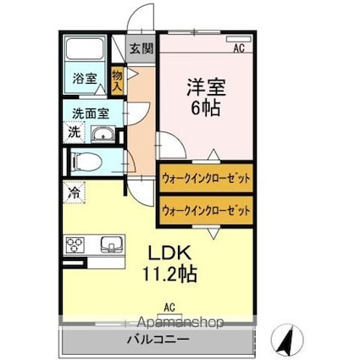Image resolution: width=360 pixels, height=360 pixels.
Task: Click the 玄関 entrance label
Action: (141, 48)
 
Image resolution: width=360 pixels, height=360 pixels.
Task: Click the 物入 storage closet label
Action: (118, 81)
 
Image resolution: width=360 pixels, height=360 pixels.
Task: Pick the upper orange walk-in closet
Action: (205, 179)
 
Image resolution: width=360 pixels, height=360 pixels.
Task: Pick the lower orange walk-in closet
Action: (205, 209)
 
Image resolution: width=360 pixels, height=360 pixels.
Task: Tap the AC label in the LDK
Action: (169, 307)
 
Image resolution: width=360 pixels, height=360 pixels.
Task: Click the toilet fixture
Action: (87, 162)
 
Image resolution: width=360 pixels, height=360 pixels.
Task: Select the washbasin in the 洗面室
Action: (102, 134)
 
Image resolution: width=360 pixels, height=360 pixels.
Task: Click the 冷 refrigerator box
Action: (74, 191)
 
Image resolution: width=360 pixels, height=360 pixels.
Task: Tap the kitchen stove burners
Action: (74, 246)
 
